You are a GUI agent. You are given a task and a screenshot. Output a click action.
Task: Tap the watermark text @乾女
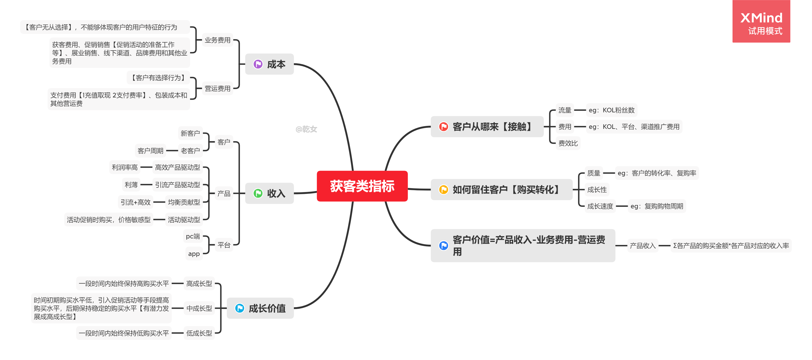tap(306, 129)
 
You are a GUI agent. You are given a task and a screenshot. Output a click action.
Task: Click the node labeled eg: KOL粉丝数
tap(611, 110)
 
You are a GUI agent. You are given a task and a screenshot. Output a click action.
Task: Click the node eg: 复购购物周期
tap(656, 206)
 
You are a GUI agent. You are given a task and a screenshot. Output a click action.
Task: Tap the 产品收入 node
tap(642, 246)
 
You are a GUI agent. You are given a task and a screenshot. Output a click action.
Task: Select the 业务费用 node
tap(218, 40)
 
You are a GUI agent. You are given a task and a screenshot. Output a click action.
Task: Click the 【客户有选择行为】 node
tap(158, 78)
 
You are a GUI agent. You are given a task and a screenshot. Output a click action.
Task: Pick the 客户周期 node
tap(150, 151)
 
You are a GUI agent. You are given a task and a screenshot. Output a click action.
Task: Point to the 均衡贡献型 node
tap(184, 202)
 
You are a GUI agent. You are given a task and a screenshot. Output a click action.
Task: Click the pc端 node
tap(192, 236)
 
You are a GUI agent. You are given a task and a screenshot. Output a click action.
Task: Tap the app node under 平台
tap(194, 254)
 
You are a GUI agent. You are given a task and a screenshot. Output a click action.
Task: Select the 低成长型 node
tap(199, 333)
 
